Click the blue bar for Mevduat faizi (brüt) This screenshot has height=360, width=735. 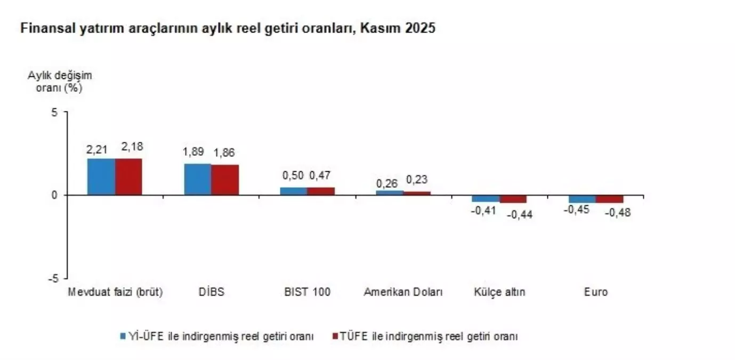101,177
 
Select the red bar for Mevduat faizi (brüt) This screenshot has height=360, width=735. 128,177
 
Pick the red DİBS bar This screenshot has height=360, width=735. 225,180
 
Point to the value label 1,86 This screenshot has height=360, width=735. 224,153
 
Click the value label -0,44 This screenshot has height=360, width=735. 519,214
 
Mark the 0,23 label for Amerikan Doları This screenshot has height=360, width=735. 417,180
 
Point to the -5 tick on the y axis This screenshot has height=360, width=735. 52,278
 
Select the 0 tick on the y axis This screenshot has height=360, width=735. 54,195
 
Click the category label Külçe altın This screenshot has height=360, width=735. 499,292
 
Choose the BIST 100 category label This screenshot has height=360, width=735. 308,292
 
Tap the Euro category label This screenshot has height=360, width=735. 596,292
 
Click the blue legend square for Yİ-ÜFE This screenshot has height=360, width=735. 123,337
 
